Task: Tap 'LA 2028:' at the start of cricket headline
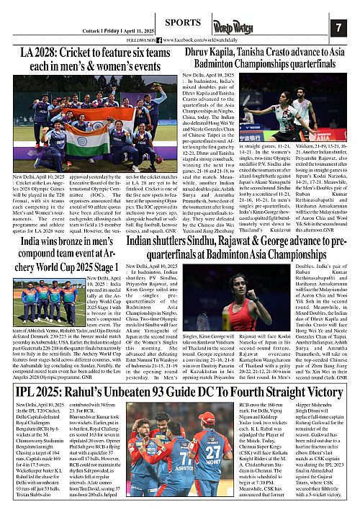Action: [36, 52]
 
